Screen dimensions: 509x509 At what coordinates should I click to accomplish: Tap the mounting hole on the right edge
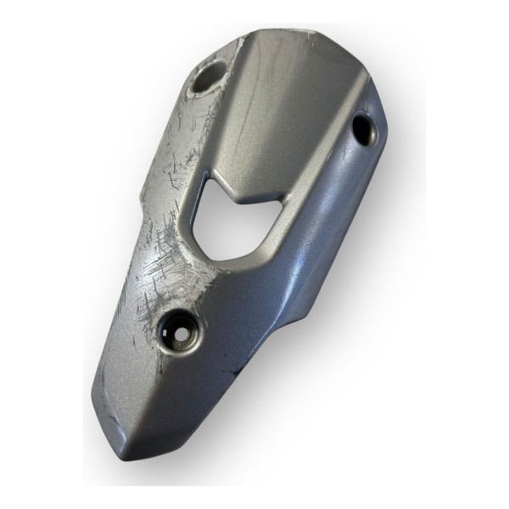365,128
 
